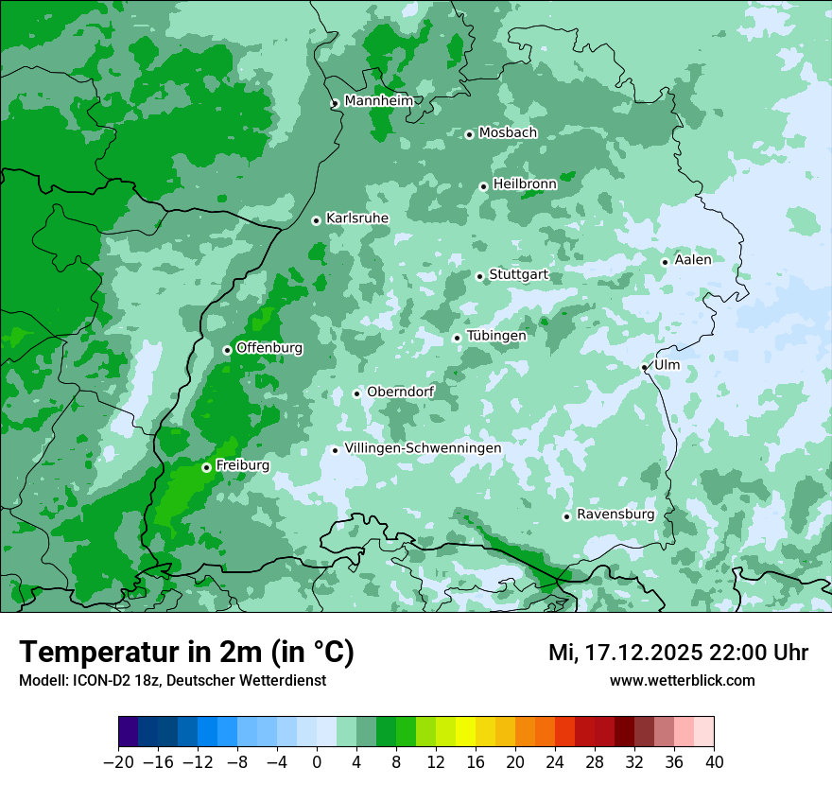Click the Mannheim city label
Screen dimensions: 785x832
pyautogui.click(x=378, y=101)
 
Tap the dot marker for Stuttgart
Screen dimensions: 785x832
pyautogui.click(x=480, y=277)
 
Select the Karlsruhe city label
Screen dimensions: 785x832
pyautogui.click(x=357, y=218)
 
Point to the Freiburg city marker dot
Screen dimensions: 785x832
pyautogui.click(x=206, y=467)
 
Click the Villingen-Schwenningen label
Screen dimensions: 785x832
pyautogui.click(x=423, y=448)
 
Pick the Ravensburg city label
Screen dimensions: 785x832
pyautogui.click(x=615, y=515)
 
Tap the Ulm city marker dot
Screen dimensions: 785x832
pyautogui.click(x=645, y=367)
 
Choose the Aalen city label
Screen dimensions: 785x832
pyautogui.click(x=693, y=260)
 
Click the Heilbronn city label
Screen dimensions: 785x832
pyautogui.click(x=525, y=184)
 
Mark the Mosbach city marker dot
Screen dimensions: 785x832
pyautogui.click(x=469, y=134)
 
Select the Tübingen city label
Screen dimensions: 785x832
pyautogui.click(x=496, y=336)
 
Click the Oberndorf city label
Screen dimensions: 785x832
pyautogui.click(x=401, y=392)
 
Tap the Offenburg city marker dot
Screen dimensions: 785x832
pyautogui.click(x=227, y=350)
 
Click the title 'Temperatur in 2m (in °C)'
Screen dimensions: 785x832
pyautogui.click(x=187, y=653)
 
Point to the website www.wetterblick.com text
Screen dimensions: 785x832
pyautogui.click(x=682, y=681)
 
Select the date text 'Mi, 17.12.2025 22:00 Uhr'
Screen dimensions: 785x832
pyautogui.click(x=678, y=653)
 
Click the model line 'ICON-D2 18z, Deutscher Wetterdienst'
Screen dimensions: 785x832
pyautogui.click(x=172, y=681)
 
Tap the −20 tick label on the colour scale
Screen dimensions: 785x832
pyautogui.click(x=118, y=762)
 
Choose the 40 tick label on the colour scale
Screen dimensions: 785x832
pyautogui.click(x=714, y=762)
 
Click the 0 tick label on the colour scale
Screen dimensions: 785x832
pyautogui.click(x=317, y=762)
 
